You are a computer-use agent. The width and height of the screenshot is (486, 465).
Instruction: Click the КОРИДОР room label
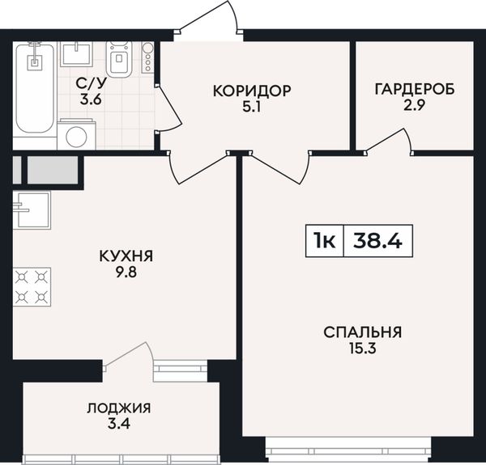252,91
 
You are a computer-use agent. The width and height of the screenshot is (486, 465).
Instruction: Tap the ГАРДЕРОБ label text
415,89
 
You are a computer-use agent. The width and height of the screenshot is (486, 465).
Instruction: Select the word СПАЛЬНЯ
363,332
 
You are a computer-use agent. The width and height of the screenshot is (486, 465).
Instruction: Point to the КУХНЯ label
126,256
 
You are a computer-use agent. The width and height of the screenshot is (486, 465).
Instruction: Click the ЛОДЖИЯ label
119,408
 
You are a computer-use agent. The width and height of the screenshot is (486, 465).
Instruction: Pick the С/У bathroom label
91,83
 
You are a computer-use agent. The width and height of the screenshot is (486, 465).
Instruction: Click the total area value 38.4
377,241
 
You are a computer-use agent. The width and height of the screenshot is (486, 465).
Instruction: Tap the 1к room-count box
325,241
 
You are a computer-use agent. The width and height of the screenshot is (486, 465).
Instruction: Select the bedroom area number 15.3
363,349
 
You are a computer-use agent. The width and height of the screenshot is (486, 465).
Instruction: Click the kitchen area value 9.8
126,273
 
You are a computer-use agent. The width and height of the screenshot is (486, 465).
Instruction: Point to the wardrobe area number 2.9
415,105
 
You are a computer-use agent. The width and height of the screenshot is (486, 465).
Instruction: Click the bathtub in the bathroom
35,89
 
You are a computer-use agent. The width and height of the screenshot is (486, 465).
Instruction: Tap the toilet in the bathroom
119,60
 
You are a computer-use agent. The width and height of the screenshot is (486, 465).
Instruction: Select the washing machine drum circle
76,137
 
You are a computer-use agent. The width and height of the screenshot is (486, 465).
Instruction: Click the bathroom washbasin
76,54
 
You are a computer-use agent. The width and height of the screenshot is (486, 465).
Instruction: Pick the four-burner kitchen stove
32,287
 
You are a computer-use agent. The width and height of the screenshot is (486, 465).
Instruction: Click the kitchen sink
32,210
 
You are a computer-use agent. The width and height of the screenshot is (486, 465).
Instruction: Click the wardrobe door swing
390,140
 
